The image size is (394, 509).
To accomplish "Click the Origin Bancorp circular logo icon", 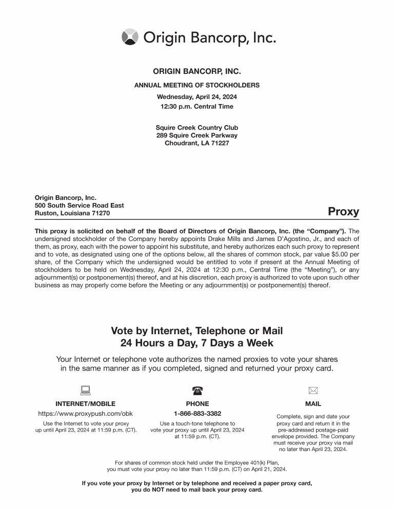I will point(130,37).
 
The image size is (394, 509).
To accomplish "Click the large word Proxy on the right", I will point(343,212).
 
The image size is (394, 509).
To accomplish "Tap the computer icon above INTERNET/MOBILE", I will point(85,391).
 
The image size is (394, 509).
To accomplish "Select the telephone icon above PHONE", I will point(197,391).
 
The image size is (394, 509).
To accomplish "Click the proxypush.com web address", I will point(85,414).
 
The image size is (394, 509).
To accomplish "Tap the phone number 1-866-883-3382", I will point(198,414).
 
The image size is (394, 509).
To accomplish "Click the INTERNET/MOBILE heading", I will point(85,404).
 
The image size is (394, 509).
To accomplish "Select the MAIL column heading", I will point(313,404).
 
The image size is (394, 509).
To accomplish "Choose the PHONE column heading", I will point(198,404).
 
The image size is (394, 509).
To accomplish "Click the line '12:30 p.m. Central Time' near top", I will point(197,107).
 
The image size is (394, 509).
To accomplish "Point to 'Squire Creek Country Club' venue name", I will point(197,128).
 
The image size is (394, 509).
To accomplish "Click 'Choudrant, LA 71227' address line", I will point(197,143).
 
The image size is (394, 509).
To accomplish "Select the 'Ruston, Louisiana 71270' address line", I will point(72,213).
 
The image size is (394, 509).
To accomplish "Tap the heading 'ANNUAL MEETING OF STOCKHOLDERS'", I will point(197,85).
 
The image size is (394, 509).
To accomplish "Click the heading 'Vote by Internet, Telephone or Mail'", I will point(197,331).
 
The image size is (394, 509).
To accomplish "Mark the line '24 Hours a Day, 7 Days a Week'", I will point(197,343).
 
